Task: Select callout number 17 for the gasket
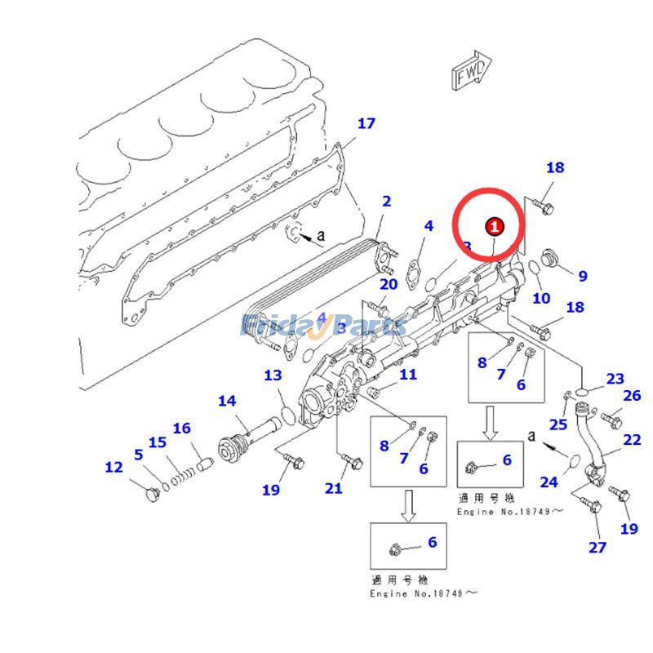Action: pos(366,123)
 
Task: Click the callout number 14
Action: pos(227,401)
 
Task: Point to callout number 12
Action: pos(113,467)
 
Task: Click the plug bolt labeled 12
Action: pos(152,494)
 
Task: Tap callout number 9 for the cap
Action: pos(582,277)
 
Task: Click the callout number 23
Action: pos(615,379)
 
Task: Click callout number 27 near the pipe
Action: pos(598,547)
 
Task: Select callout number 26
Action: pos(632,396)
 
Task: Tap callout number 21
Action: pos(333,488)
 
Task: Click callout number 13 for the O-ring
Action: pos(273,375)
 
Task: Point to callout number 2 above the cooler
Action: pos(386,201)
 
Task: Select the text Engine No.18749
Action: pos(510,512)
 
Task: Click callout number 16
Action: pos(181,428)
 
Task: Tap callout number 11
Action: pos(408,375)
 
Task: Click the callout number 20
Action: pos(389,284)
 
